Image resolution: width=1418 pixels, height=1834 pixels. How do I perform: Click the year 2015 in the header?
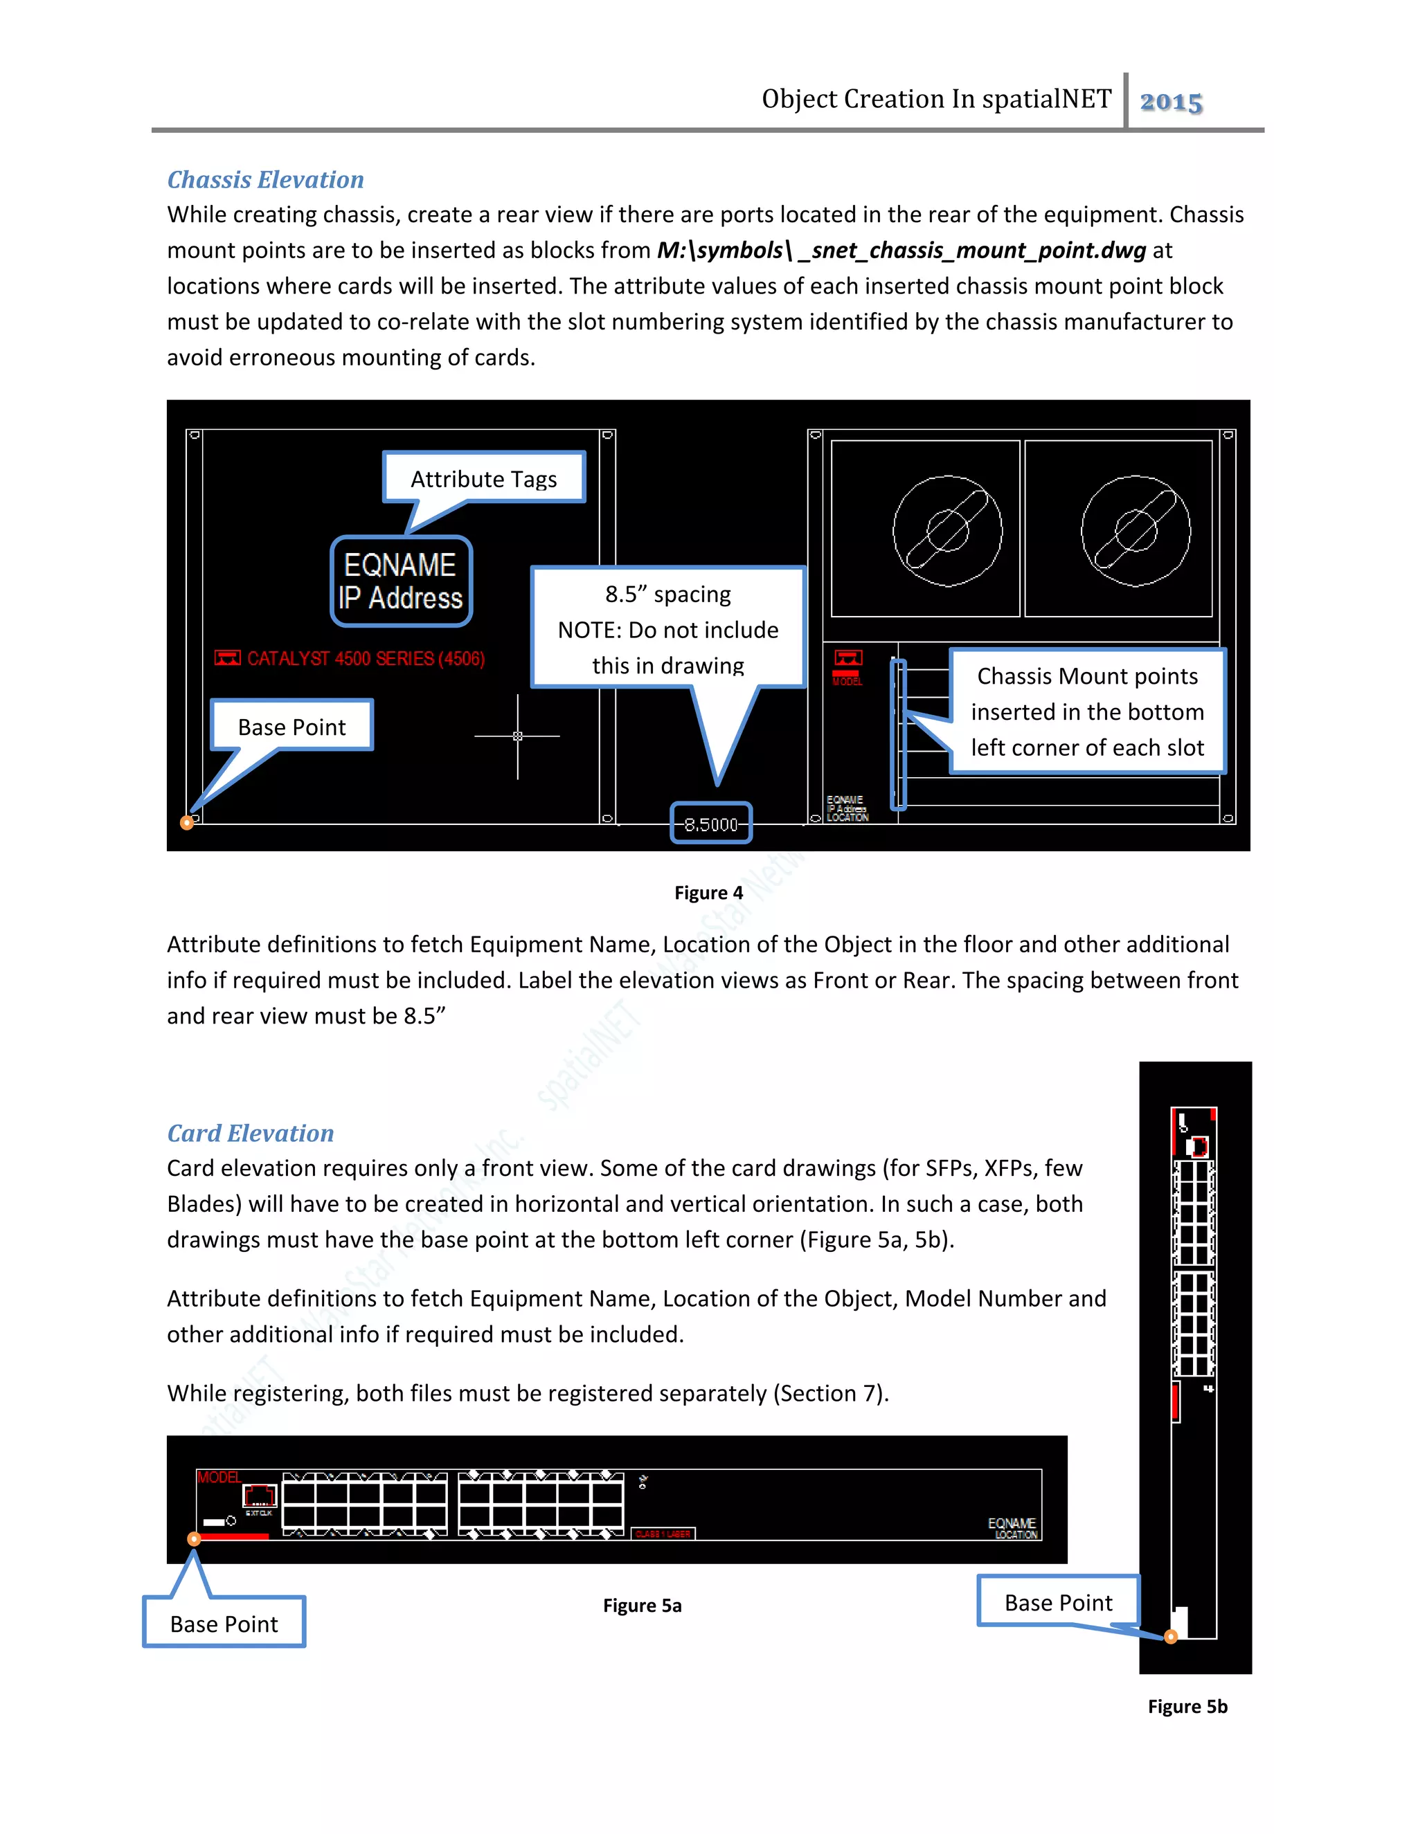(1171, 102)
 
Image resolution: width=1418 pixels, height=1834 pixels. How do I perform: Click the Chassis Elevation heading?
(265, 180)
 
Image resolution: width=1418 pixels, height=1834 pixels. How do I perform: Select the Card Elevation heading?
(251, 1134)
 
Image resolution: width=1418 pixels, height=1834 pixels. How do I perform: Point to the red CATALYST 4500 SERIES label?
(365, 659)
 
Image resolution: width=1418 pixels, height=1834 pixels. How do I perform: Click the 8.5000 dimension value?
(710, 825)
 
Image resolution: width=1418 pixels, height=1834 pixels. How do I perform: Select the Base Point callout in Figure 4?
(291, 727)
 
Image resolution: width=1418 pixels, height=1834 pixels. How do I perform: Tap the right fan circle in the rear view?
(1135, 531)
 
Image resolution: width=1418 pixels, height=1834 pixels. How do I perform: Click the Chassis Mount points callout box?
(1087, 711)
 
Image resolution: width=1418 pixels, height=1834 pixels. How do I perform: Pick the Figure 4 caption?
(708, 893)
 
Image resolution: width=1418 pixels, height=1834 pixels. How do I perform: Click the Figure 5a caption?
(642, 1606)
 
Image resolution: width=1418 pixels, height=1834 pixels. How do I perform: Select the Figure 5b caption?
(1187, 1707)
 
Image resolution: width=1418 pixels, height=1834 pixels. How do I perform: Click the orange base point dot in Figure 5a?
(194, 1539)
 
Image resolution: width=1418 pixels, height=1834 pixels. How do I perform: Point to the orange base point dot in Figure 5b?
(1170, 1637)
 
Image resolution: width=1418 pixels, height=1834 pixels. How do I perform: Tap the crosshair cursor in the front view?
(517, 736)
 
